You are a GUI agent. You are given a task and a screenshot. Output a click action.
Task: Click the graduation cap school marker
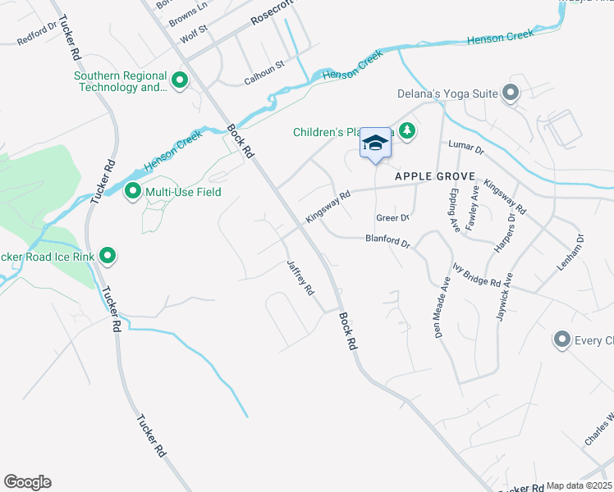(x=376, y=143)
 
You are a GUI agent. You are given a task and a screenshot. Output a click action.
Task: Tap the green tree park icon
(x=406, y=130)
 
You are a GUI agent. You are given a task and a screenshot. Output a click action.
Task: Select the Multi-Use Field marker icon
(x=133, y=193)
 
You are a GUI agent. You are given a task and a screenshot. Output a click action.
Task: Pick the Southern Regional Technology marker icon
(x=180, y=80)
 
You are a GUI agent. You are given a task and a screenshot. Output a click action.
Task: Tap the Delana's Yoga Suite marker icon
(x=511, y=93)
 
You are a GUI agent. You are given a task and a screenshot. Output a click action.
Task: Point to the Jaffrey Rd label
(x=300, y=278)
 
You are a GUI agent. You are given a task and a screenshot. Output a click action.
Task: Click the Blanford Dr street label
(x=387, y=240)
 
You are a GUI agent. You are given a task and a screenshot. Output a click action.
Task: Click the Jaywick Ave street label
(x=503, y=295)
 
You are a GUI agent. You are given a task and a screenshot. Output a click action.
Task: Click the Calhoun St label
(x=263, y=71)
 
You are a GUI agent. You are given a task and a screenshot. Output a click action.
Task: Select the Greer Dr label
(x=392, y=218)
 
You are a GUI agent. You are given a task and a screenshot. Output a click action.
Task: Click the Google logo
(x=27, y=482)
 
